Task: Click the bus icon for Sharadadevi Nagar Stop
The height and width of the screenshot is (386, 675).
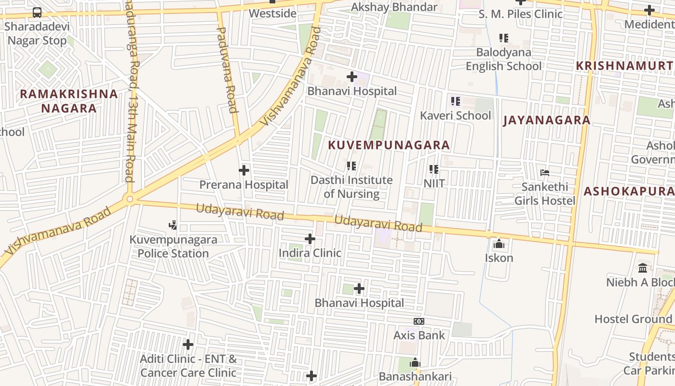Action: pyautogui.click(x=37, y=12)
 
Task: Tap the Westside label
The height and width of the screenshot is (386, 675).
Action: pyautogui.click(x=272, y=13)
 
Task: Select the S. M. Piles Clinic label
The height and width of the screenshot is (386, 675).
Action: pyautogui.click(x=521, y=14)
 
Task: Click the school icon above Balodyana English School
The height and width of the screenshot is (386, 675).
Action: pyautogui.click(x=504, y=38)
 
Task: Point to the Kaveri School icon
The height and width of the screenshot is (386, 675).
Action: pyautogui.click(x=456, y=101)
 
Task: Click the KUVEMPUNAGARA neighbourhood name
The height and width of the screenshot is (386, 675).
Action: pyautogui.click(x=389, y=145)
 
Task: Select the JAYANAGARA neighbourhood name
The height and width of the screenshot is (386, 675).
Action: pyautogui.click(x=547, y=120)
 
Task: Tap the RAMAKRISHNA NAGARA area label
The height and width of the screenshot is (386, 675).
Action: pyautogui.click(x=69, y=101)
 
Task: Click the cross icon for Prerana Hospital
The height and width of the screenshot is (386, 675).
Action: pyautogui.click(x=244, y=170)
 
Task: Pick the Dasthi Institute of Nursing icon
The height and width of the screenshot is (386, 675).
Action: pyautogui.click(x=351, y=166)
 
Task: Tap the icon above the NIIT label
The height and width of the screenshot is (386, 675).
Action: pyautogui.click(x=434, y=169)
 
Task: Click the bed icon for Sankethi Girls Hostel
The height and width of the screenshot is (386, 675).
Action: pyautogui.click(x=545, y=172)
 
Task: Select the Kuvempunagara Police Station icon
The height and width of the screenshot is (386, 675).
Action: pyautogui.click(x=173, y=225)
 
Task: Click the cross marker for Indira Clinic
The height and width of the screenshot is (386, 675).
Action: pyautogui.click(x=310, y=239)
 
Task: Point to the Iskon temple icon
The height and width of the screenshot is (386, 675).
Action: pyautogui.click(x=499, y=244)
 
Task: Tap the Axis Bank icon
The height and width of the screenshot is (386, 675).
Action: pyautogui.click(x=419, y=321)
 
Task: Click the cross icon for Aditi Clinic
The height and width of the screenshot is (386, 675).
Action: pyautogui.click(x=188, y=345)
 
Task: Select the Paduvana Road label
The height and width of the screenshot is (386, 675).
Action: pyautogui.click(x=227, y=70)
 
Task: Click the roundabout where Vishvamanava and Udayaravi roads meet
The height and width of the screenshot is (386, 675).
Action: pyautogui.click(x=129, y=199)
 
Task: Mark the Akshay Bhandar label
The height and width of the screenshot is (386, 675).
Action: pyautogui.click(x=394, y=7)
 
